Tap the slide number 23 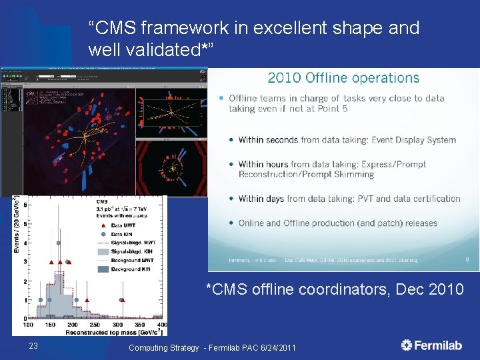pos(34,345)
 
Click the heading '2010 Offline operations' pos(343,78)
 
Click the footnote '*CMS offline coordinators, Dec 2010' pos(334,289)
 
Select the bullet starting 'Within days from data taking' pos(349,199)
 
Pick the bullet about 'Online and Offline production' pos(328,223)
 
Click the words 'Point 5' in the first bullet pos(332,109)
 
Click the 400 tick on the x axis pos(162,325)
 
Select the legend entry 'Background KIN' pos(133,269)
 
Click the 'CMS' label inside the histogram pos(102,202)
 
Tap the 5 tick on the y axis pos(25,223)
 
